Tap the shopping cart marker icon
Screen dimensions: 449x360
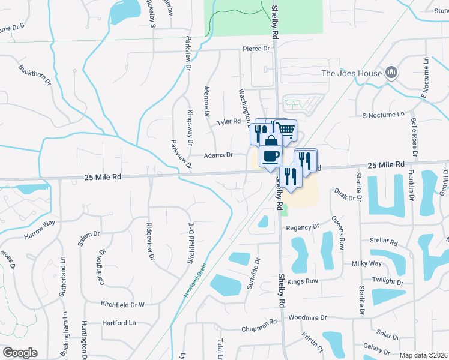pyautogui.click(x=286, y=128)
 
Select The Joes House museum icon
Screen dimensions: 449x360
pyautogui.click(x=391, y=73)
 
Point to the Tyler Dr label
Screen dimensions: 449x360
pyautogui.click(x=228, y=122)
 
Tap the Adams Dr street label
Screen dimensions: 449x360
pyautogui.click(x=218, y=155)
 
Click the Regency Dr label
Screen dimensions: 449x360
pyautogui.click(x=303, y=227)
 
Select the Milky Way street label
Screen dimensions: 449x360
pyautogui.click(x=367, y=263)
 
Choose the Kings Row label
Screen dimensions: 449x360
pyautogui.click(x=302, y=281)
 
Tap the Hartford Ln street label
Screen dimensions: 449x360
pyautogui.click(x=119, y=323)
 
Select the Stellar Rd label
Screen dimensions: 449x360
pyautogui.click(x=385, y=243)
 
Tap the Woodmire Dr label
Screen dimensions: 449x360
pyautogui.click(x=307, y=317)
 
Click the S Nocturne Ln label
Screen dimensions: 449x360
pyautogui.click(x=384, y=114)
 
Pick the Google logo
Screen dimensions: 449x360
pyautogui.click(x=19, y=353)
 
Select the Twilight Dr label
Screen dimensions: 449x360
pyautogui.click(x=388, y=281)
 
